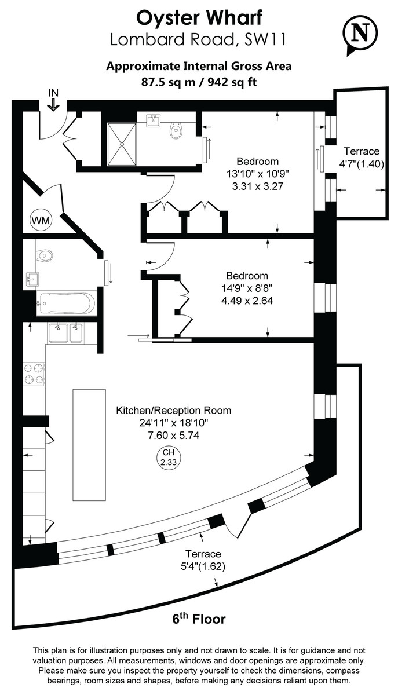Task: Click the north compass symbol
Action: pyautogui.click(x=363, y=34)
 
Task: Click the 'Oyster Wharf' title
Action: pyautogui.click(x=199, y=17)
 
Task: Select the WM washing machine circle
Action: pyautogui.click(x=40, y=220)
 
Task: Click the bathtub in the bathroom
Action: pyautogui.click(x=65, y=303)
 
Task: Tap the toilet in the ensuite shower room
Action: pyautogui.click(x=177, y=131)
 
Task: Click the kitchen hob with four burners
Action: pyautogui.click(x=34, y=374)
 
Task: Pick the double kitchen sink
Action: pyautogui.click(x=65, y=334)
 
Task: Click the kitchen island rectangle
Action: pyautogui.click(x=89, y=444)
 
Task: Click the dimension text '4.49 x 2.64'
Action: pyautogui.click(x=247, y=301)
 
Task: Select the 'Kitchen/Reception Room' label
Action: pyautogui.click(x=173, y=411)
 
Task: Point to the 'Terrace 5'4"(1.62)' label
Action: pyautogui.click(x=201, y=560)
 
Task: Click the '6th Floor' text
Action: pyautogui.click(x=199, y=619)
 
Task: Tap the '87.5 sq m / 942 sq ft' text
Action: pyautogui.click(x=199, y=82)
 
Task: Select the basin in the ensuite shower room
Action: pyautogui.click(x=154, y=122)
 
